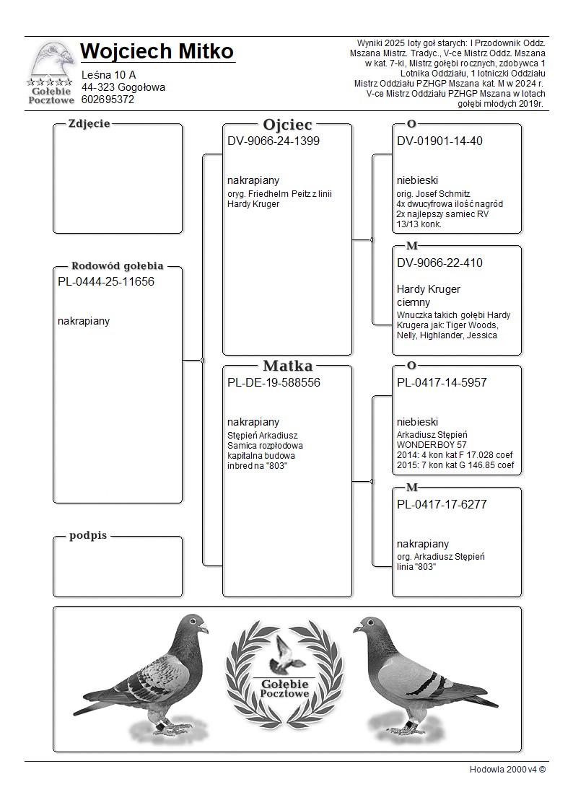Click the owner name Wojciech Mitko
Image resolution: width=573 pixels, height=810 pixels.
[157, 52]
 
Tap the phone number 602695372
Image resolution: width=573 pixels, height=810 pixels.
[108, 100]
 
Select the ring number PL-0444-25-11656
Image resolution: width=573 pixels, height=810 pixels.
[106, 282]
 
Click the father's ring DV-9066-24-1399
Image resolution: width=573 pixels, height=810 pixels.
[274, 141]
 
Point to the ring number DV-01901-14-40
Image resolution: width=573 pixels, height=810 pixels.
[439, 141]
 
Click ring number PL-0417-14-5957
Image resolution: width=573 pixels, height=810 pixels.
[442, 383]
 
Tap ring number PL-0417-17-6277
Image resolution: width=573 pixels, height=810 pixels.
[442, 505]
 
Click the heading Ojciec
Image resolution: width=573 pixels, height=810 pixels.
[287, 124]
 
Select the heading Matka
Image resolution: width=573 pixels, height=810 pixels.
[287, 366]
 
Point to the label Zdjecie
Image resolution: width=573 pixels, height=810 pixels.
[89, 123]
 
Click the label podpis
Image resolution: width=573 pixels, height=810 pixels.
[88, 536]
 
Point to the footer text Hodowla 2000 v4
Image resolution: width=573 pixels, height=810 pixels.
[507, 769]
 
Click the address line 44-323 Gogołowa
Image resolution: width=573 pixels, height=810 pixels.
[123, 87]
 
